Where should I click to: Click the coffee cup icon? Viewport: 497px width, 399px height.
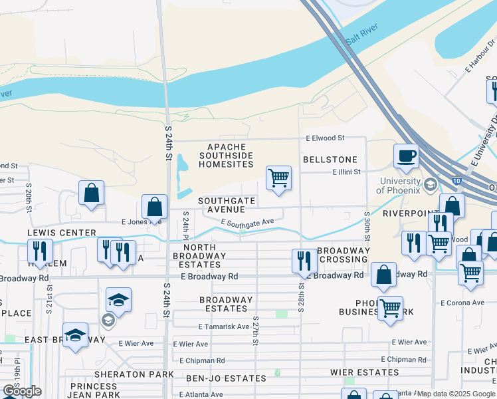tap(406, 157)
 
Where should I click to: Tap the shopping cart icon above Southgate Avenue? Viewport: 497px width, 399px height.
tap(278, 178)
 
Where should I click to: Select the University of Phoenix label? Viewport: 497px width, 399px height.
tap(399, 186)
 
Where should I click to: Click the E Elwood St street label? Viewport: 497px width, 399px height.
tap(325, 138)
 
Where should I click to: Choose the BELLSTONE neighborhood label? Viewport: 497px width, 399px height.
tap(330, 160)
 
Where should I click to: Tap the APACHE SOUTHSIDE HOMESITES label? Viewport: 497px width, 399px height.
tap(227, 155)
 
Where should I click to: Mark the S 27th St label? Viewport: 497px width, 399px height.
tap(256, 331)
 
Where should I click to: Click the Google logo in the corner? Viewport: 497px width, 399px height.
tap(21, 391)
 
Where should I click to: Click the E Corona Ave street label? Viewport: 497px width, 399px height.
tap(462, 303)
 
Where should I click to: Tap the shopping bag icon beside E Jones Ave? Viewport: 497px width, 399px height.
tap(154, 206)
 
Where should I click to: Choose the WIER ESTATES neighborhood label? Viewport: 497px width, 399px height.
tap(368, 372)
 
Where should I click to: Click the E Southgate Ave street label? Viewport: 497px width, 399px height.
tap(247, 223)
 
